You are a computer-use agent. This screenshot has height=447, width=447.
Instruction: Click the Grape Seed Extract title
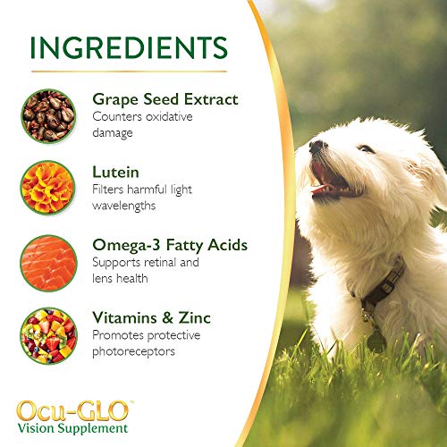[x=165, y=99]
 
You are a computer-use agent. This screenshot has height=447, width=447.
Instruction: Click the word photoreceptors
[x=131, y=351]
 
